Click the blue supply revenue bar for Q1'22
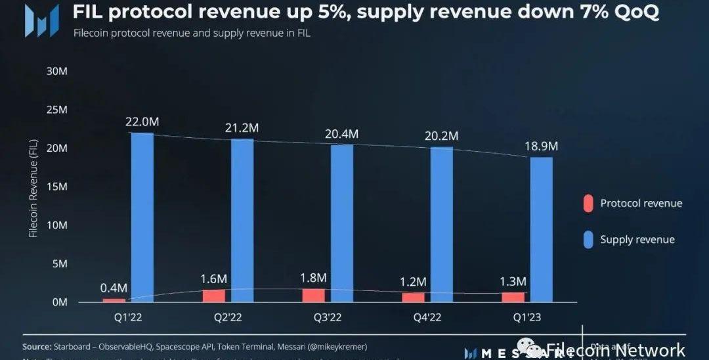point(142,217)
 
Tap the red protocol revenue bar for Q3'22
point(313,295)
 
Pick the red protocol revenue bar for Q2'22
point(213,296)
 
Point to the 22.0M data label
point(142,122)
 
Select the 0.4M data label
point(114,288)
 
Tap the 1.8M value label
point(313,277)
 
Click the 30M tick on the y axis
point(57,71)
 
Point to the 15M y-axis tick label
point(57,187)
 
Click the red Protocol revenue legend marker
point(588,203)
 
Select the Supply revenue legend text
point(637,240)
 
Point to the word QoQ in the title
point(632,12)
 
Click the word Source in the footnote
point(37,346)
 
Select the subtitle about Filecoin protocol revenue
point(192,34)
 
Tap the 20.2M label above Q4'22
point(442,136)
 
